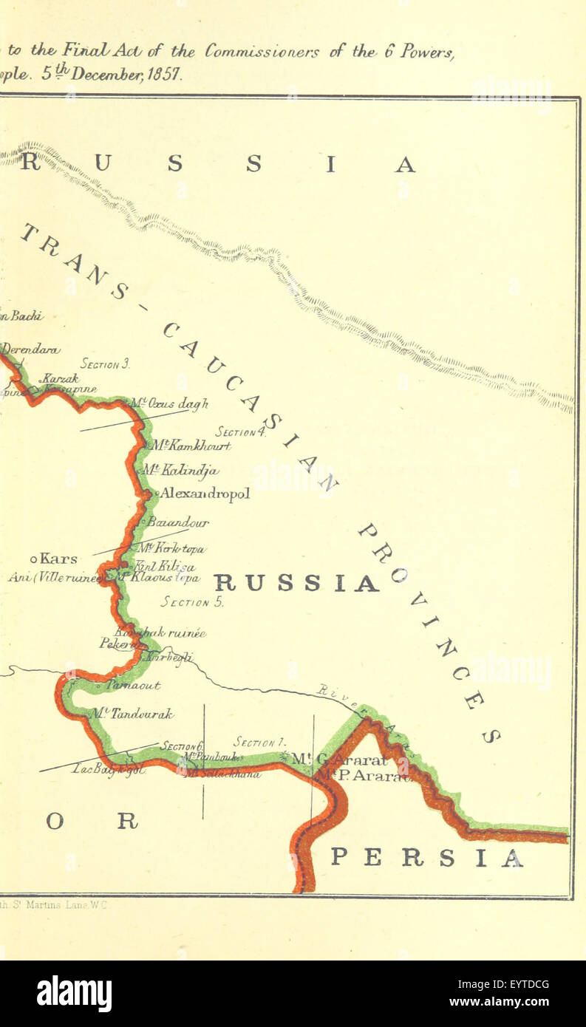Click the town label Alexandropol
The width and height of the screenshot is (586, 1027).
pos(205,494)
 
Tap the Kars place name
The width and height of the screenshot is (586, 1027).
pos(59,559)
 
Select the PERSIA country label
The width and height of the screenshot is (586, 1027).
pos(426,857)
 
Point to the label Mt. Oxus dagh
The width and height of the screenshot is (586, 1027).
pos(169,403)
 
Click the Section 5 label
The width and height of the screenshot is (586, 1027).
pos(192,602)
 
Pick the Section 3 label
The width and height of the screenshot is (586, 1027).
pos(105,364)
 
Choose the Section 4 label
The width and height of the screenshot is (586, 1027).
pos(240,431)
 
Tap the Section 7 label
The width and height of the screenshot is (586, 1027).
pos(259,742)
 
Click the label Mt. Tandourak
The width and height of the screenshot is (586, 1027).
pos(132,714)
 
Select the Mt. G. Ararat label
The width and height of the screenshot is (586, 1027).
pos(339,759)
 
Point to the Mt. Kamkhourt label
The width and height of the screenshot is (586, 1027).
pos(191,446)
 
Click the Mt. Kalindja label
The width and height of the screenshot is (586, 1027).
pos(180,470)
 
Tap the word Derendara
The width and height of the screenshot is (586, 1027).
pos(30,349)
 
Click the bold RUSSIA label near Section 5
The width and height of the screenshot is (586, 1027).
pos(296,584)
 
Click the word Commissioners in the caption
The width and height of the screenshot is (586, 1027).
pos(262,51)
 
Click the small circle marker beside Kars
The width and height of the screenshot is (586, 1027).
pos(33,559)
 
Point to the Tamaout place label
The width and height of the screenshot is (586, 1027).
pos(134,686)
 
